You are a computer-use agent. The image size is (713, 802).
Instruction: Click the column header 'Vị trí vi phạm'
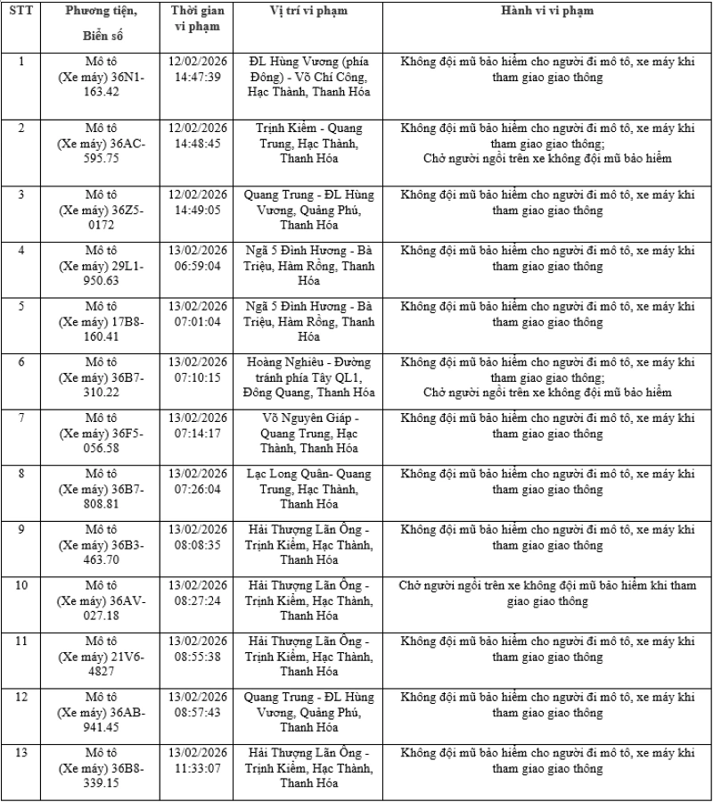308,11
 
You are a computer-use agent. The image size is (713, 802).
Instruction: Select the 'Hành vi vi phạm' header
547,11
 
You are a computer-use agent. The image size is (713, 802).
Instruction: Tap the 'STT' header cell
22,11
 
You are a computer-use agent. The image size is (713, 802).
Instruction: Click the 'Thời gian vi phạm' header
198,19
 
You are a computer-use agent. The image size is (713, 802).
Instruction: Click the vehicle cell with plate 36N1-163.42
101,77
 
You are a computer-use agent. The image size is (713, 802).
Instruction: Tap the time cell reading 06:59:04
198,258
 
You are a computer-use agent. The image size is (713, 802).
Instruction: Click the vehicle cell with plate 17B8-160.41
101,322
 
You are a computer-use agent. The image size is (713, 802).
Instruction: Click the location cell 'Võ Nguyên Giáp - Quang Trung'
308,433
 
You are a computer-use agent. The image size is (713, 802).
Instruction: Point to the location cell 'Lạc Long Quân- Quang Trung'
308,489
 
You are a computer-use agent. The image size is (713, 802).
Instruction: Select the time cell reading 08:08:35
198,537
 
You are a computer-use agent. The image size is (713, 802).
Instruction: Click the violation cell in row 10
547,593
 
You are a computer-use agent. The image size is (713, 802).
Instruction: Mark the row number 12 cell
22,697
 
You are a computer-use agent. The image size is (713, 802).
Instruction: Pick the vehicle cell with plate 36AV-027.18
101,600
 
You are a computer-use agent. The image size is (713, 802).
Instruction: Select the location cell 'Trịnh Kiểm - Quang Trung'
308,143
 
